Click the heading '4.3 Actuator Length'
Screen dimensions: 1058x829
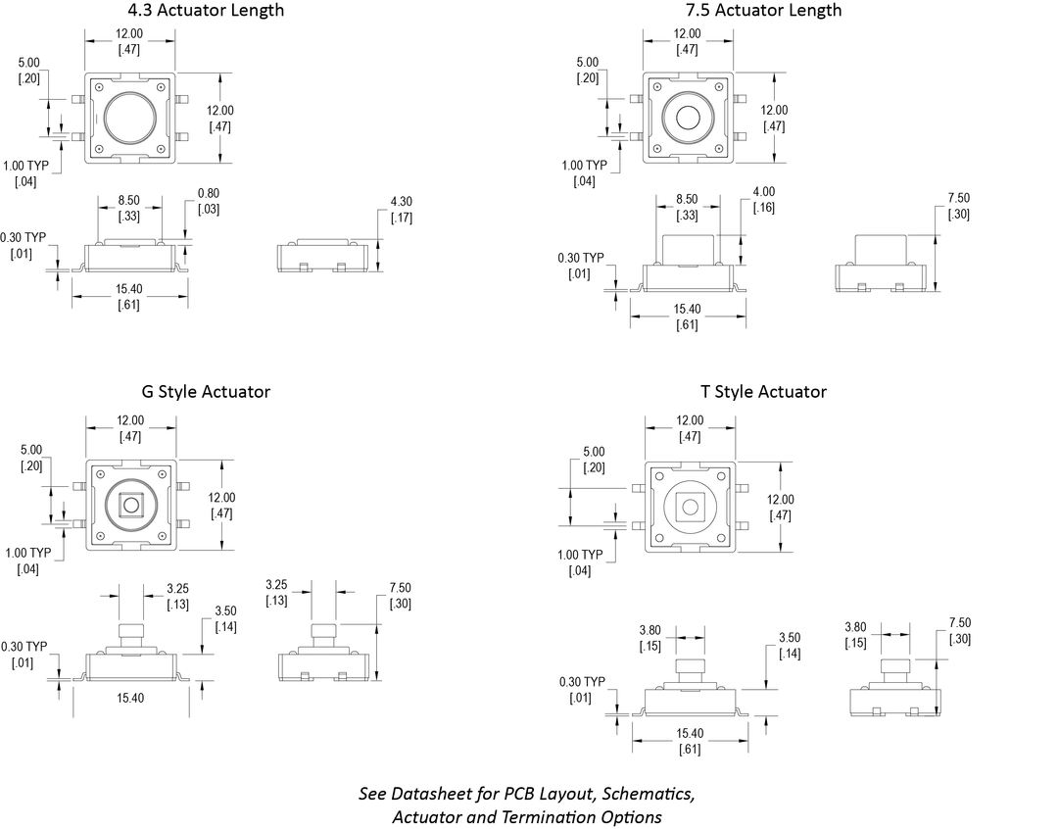pyautogui.click(x=206, y=11)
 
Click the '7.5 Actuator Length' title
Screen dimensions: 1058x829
pyautogui.click(x=763, y=11)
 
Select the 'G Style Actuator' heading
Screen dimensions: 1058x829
pyautogui.click(x=206, y=392)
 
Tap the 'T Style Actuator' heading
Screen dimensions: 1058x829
pyautogui.click(x=763, y=392)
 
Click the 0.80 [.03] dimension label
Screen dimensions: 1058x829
pyautogui.click(x=209, y=201)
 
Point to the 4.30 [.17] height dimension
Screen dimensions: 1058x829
pyautogui.click(x=401, y=210)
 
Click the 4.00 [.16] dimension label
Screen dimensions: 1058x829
pyautogui.click(x=764, y=200)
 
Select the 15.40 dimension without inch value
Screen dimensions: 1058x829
pyautogui.click(x=130, y=698)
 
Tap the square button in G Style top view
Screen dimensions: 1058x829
pyautogui.click(x=130, y=506)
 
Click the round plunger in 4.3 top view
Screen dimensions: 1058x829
pyautogui.click(x=129, y=118)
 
